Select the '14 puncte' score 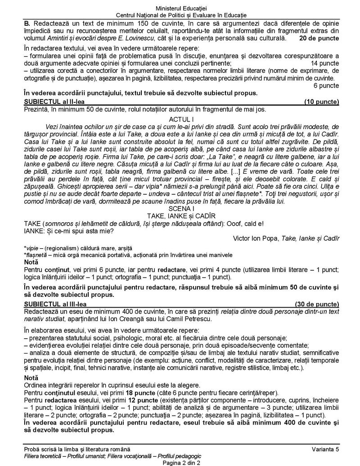(x=324, y=63)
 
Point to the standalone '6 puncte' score (x=326, y=85)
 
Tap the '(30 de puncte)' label (x=318, y=304)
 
